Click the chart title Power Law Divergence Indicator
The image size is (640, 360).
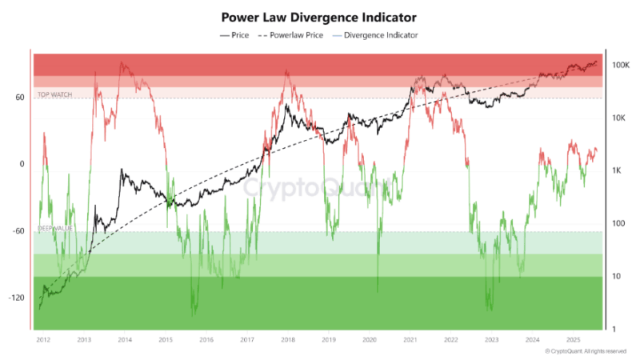[x=319, y=16]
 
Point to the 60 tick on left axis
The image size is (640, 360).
[x=19, y=98]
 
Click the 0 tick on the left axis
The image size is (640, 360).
[x=22, y=164]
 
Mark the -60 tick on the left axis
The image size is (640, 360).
[x=18, y=231]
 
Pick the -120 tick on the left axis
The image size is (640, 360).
[x=17, y=298]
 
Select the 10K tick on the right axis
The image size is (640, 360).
[x=618, y=118]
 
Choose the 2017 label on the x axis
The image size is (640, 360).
[x=246, y=339]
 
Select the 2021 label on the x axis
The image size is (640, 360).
[x=410, y=339]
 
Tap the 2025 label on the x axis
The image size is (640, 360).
[x=572, y=339]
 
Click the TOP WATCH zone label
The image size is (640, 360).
[x=55, y=94]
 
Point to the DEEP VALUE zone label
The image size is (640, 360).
[x=55, y=228]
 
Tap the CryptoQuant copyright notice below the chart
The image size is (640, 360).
[x=585, y=351]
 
